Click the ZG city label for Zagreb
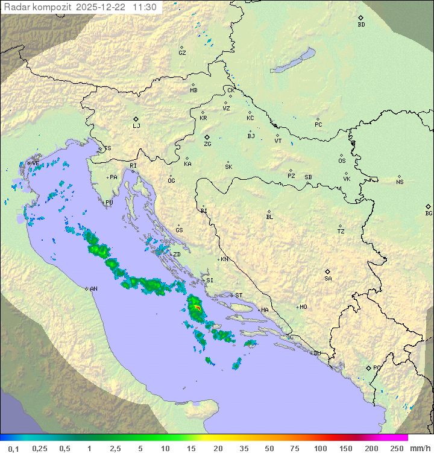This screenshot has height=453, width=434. (x=207, y=144)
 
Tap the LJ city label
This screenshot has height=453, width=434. (x=136, y=126)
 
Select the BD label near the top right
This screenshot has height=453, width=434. (x=361, y=25)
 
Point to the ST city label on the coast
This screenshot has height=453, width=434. (x=239, y=296)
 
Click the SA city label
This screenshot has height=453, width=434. (x=328, y=279)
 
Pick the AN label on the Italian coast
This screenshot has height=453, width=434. (x=93, y=289)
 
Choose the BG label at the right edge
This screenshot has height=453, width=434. (x=429, y=214)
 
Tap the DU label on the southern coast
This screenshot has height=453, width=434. (x=316, y=353)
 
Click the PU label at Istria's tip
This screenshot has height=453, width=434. (x=109, y=203)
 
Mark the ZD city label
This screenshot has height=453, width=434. (x=177, y=255)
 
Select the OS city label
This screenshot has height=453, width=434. (x=342, y=161)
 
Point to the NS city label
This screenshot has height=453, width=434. (x=400, y=182)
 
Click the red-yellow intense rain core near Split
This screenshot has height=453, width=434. (x=197, y=308)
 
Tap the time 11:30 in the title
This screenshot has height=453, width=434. (x=145, y=7)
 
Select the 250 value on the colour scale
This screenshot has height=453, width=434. (x=397, y=448)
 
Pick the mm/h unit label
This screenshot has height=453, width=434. (x=420, y=448)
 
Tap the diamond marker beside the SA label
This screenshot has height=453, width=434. (x=328, y=271)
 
